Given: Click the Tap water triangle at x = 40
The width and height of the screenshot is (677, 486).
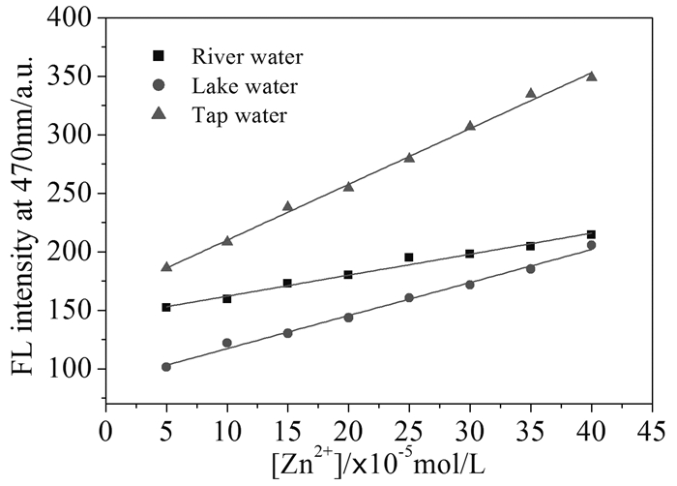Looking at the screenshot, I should [591, 76].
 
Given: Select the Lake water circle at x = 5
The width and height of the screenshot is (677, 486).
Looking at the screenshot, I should [166, 367].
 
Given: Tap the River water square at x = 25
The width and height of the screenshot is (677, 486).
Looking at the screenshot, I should [409, 258].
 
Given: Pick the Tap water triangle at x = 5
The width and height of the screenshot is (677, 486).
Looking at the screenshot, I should [166, 266].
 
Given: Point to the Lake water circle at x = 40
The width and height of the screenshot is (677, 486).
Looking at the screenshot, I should [591, 245].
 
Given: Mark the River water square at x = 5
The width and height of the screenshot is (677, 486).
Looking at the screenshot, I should [166, 307].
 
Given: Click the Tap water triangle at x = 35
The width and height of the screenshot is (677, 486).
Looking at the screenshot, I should [530, 93].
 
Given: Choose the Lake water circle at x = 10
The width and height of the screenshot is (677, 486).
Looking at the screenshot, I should [227, 343].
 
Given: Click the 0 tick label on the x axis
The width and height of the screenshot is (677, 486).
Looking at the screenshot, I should [106, 426].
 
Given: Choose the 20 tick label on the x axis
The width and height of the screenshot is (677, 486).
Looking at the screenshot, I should [348, 426].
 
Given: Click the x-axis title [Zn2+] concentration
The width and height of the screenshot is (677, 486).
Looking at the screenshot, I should [380, 460].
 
